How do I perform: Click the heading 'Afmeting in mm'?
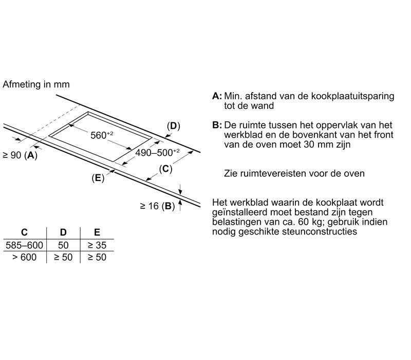coord(36,84)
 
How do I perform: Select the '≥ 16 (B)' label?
coord(157,206)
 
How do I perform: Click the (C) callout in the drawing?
coord(165,168)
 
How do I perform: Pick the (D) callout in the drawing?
coord(174,125)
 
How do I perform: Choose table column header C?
coord(24,232)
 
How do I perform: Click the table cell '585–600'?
coord(24,245)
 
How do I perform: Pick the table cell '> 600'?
coord(24,257)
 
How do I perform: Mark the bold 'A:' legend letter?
coord(217,96)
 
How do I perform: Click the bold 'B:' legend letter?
coord(217,125)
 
